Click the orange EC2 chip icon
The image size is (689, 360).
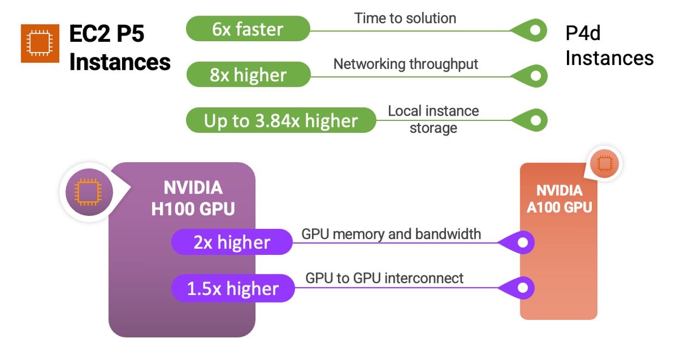(x=40, y=43)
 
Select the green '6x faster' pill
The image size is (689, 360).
(x=248, y=29)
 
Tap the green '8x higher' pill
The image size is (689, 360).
(x=248, y=74)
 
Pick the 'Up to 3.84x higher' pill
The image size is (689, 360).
(x=281, y=120)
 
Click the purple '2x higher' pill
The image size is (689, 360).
(x=232, y=242)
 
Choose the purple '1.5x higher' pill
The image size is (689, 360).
(x=233, y=288)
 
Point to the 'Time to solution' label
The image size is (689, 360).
(x=405, y=18)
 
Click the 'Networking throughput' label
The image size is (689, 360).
(x=406, y=65)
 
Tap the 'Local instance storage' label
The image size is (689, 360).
(x=433, y=119)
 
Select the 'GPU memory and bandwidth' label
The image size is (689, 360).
(x=391, y=234)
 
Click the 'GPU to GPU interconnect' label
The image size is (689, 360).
(x=384, y=278)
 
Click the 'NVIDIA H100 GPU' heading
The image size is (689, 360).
(x=193, y=198)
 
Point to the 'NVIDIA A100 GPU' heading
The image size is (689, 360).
(x=559, y=199)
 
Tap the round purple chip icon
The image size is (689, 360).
(x=89, y=192)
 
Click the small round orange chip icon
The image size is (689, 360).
(x=604, y=164)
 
